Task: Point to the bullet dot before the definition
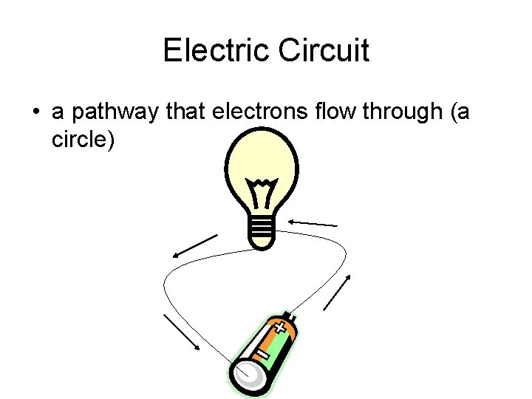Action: point(35,112)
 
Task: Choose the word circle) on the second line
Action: point(83,139)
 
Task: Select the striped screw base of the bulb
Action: point(262,231)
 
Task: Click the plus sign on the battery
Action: point(279,327)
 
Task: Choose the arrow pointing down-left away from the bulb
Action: point(195,246)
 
